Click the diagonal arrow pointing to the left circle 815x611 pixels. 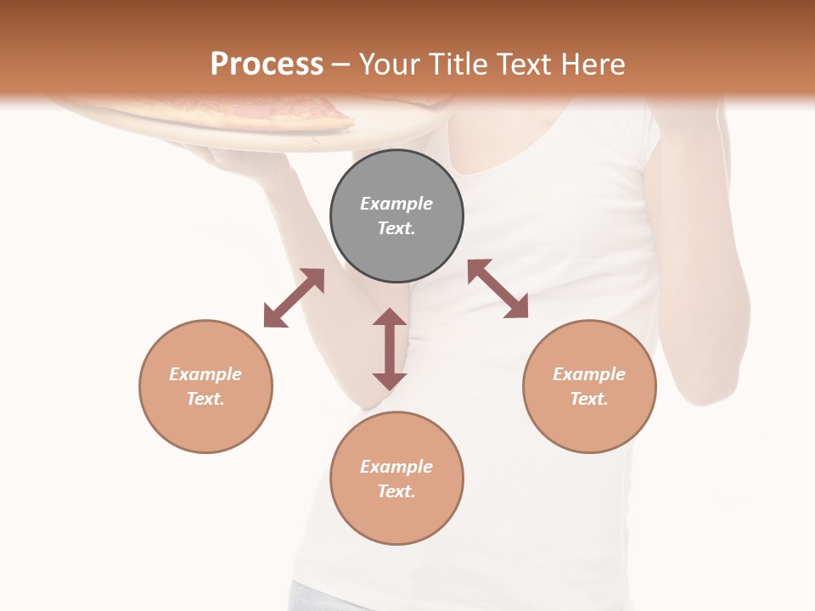click(294, 298)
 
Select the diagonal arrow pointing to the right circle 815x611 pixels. click(497, 289)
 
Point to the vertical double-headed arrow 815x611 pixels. click(390, 349)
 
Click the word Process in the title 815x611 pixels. click(267, 64)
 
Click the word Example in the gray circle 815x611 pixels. click(396, 204)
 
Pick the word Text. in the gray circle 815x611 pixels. click(396, 228)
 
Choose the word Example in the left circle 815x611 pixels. click(205, 374)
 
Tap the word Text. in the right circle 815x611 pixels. click(589, 399)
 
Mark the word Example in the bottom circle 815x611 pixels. click(396, 467)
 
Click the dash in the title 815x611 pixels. click(341, 64)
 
